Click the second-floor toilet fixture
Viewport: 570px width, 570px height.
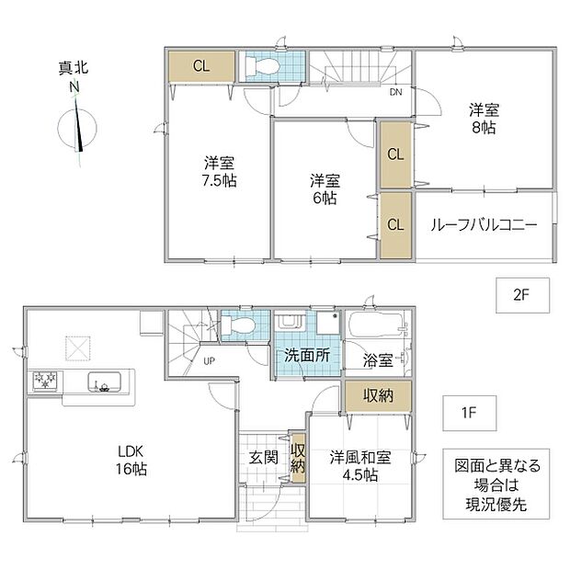click(262, 66)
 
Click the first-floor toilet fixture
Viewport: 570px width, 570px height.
click(238, 325)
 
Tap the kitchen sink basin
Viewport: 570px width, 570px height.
click(104, 382)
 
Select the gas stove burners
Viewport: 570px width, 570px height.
click(45, 381)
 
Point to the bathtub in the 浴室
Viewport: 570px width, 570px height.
click(377, 325)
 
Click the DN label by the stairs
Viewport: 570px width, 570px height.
click(396, 92)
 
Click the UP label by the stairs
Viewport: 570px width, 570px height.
click(209, 361)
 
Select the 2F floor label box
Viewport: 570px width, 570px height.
click(522, 295)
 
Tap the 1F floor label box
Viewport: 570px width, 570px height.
click(469, 413)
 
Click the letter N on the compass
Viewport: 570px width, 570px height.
click(74, 87)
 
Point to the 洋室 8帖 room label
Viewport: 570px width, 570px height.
click(484, 119)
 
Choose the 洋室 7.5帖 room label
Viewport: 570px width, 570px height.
click(219, 172)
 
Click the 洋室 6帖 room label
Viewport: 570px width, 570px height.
click(325, 189)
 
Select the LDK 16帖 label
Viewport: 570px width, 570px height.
click(131, 461)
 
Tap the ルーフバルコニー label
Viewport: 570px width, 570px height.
click(484, 225)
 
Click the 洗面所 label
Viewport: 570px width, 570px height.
click(307, 355)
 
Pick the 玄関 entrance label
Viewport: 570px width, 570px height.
click(264, 458)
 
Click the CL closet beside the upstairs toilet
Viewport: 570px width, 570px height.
click(201, 66)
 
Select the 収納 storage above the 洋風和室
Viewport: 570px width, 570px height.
click(378, 396)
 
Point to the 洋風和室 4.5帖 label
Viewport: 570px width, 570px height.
click(360, 466)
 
